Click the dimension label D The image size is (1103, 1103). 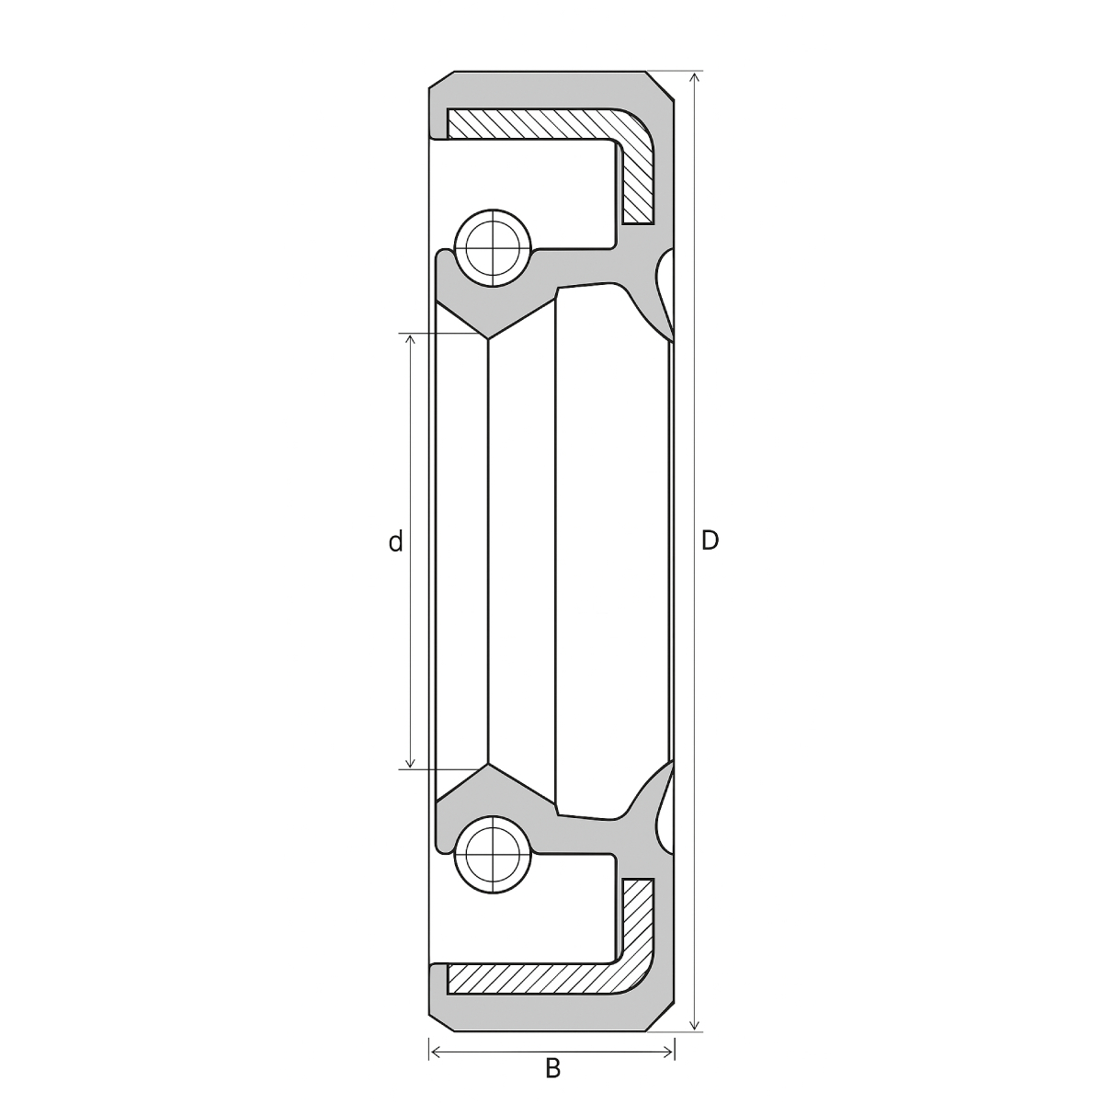(x=710, y=540)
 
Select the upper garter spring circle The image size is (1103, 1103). (x=493, y=248)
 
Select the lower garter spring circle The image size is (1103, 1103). (x=493, y=855)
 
